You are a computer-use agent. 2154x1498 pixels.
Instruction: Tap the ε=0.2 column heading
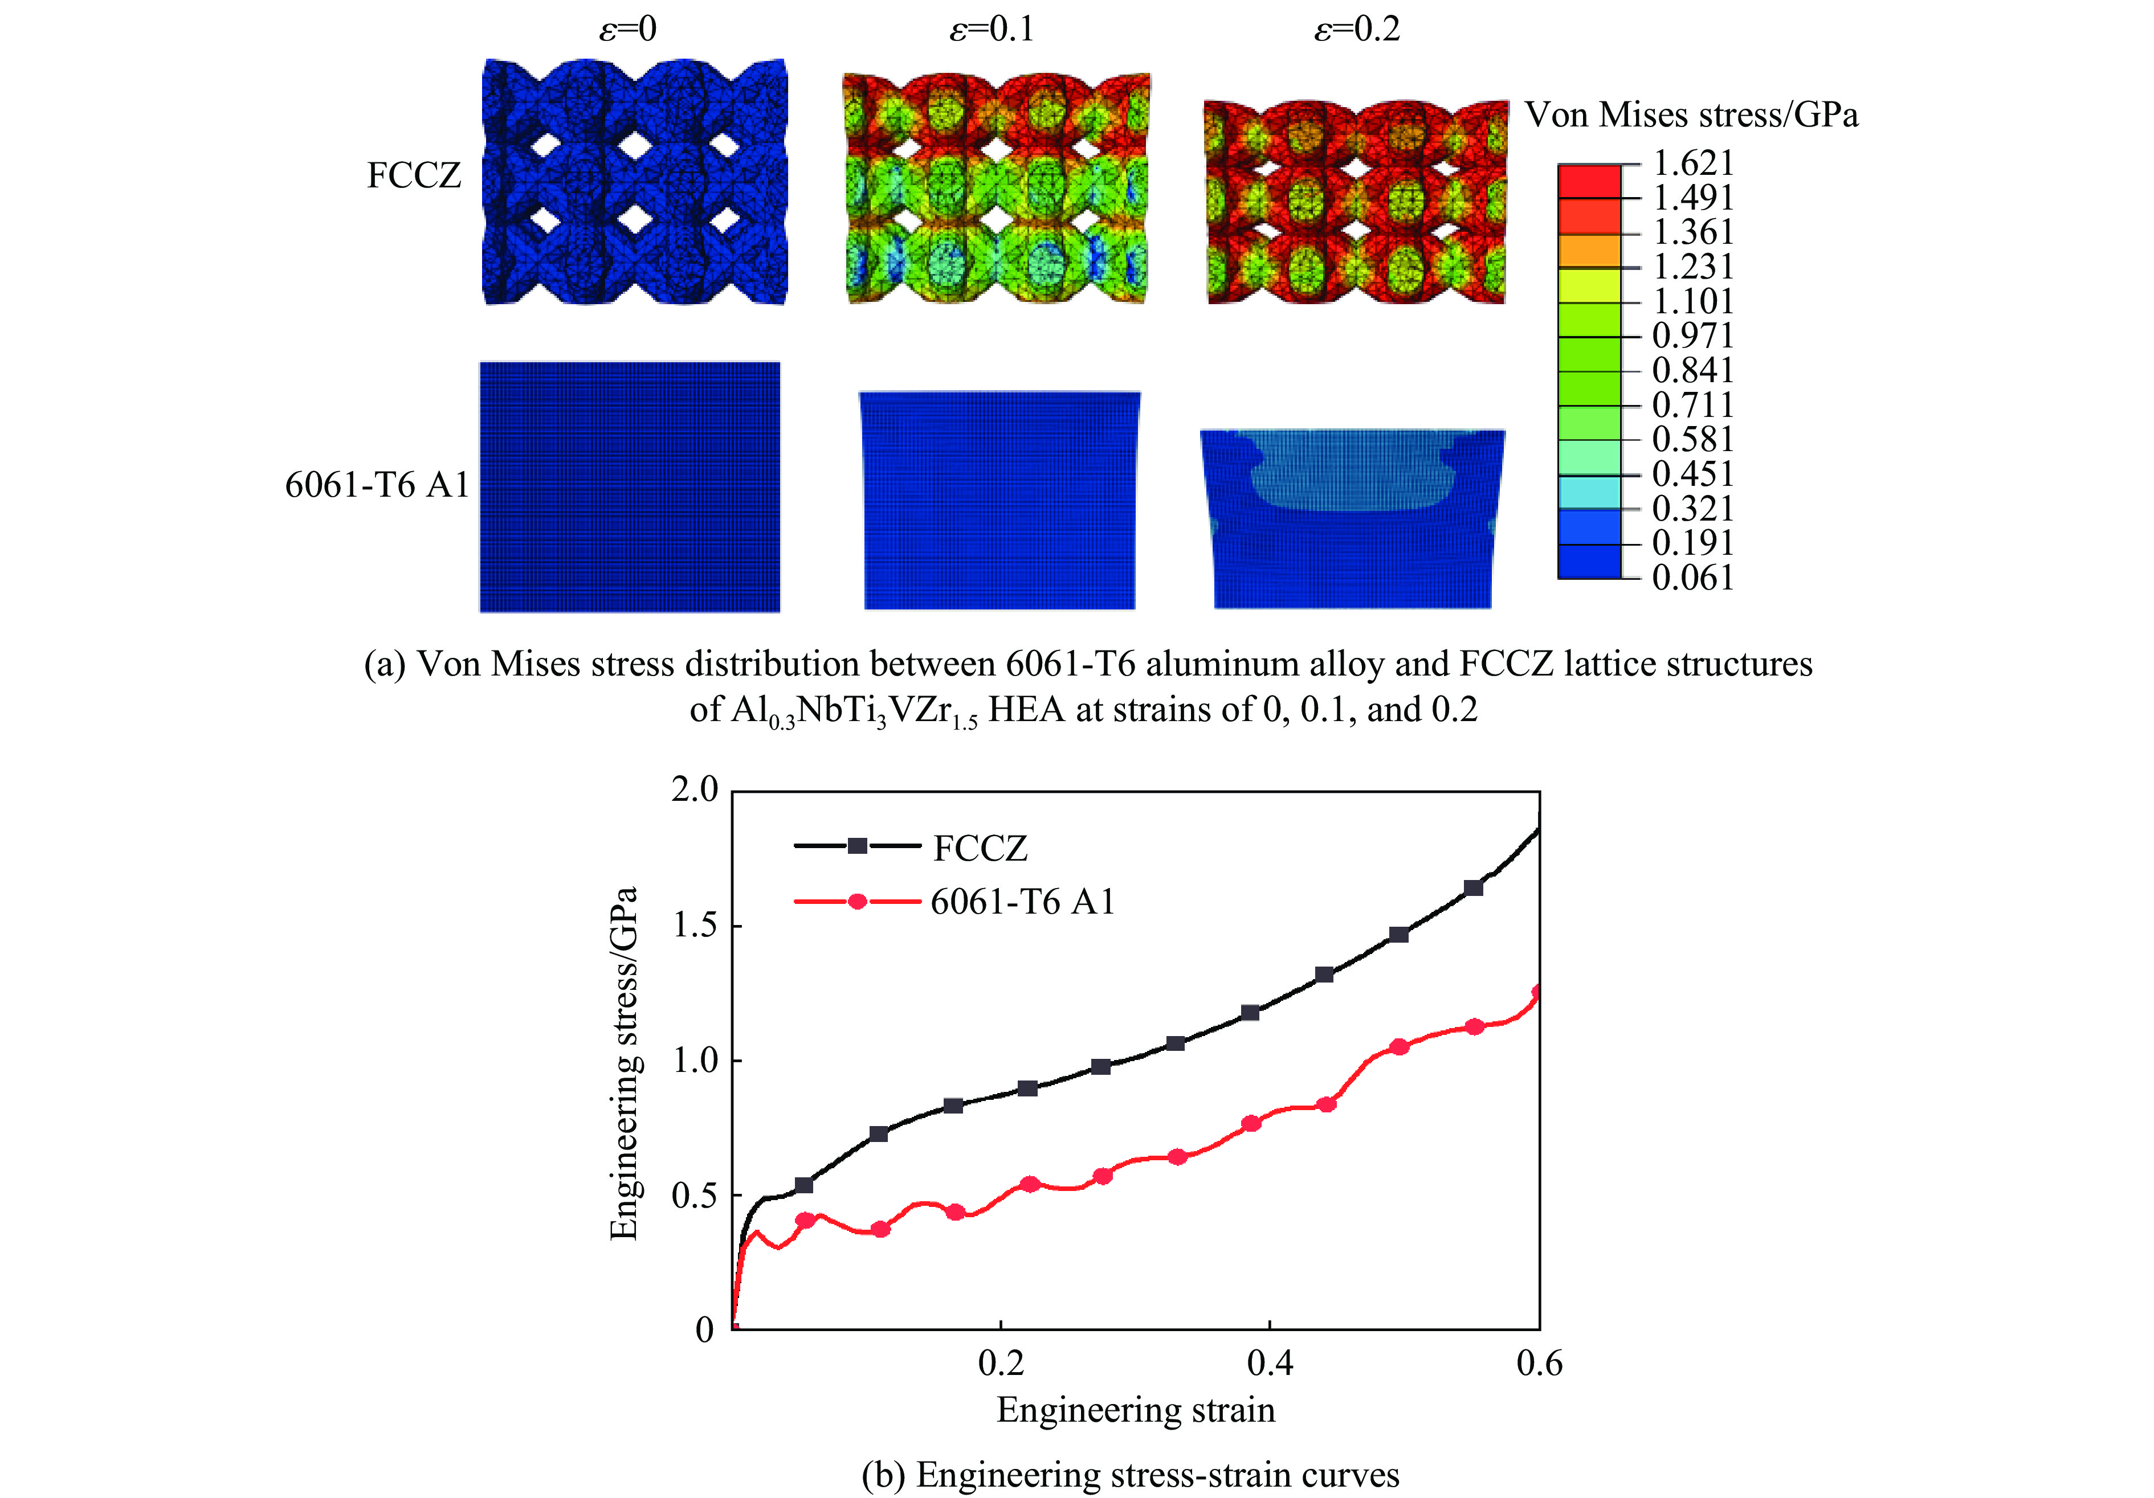[1357, 30]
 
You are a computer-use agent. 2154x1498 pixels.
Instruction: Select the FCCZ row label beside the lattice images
[414, 175]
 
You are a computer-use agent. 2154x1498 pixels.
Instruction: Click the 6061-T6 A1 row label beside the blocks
[376, 485]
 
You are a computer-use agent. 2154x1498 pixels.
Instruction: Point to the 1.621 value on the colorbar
[1692, 163]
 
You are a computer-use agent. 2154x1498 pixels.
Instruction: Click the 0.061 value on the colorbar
[1692, 578]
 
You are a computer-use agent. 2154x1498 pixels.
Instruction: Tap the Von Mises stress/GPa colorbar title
[1691, 114]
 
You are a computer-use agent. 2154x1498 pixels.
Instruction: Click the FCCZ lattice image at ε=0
[634, 182]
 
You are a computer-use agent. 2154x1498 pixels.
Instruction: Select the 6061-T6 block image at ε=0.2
[1352, 519]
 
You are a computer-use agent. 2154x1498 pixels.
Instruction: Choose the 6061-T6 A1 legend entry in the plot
[1022, 902]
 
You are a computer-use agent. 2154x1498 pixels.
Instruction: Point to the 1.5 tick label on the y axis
[694, 926]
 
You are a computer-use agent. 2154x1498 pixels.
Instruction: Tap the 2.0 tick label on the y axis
[694, 790]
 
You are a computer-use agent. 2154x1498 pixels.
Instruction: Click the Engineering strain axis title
[1135, 1410]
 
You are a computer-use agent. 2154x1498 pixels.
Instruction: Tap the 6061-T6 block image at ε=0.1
[999, 500]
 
